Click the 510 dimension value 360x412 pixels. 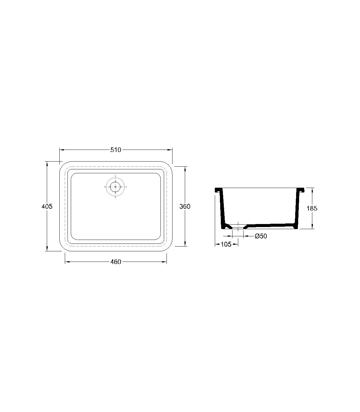(x=115, y=150)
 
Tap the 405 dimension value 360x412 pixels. (x=47, y=206)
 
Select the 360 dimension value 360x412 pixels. (x=185, y=206)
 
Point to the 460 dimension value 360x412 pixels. (x=115, y=262)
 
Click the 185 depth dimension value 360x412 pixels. (x=312, y=208)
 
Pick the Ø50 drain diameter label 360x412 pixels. (x=261, y=236)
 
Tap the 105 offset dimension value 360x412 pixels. (x=226, y=244)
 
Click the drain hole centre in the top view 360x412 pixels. (x=115, y=187)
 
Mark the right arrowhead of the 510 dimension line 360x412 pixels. (x=170, y=150)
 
